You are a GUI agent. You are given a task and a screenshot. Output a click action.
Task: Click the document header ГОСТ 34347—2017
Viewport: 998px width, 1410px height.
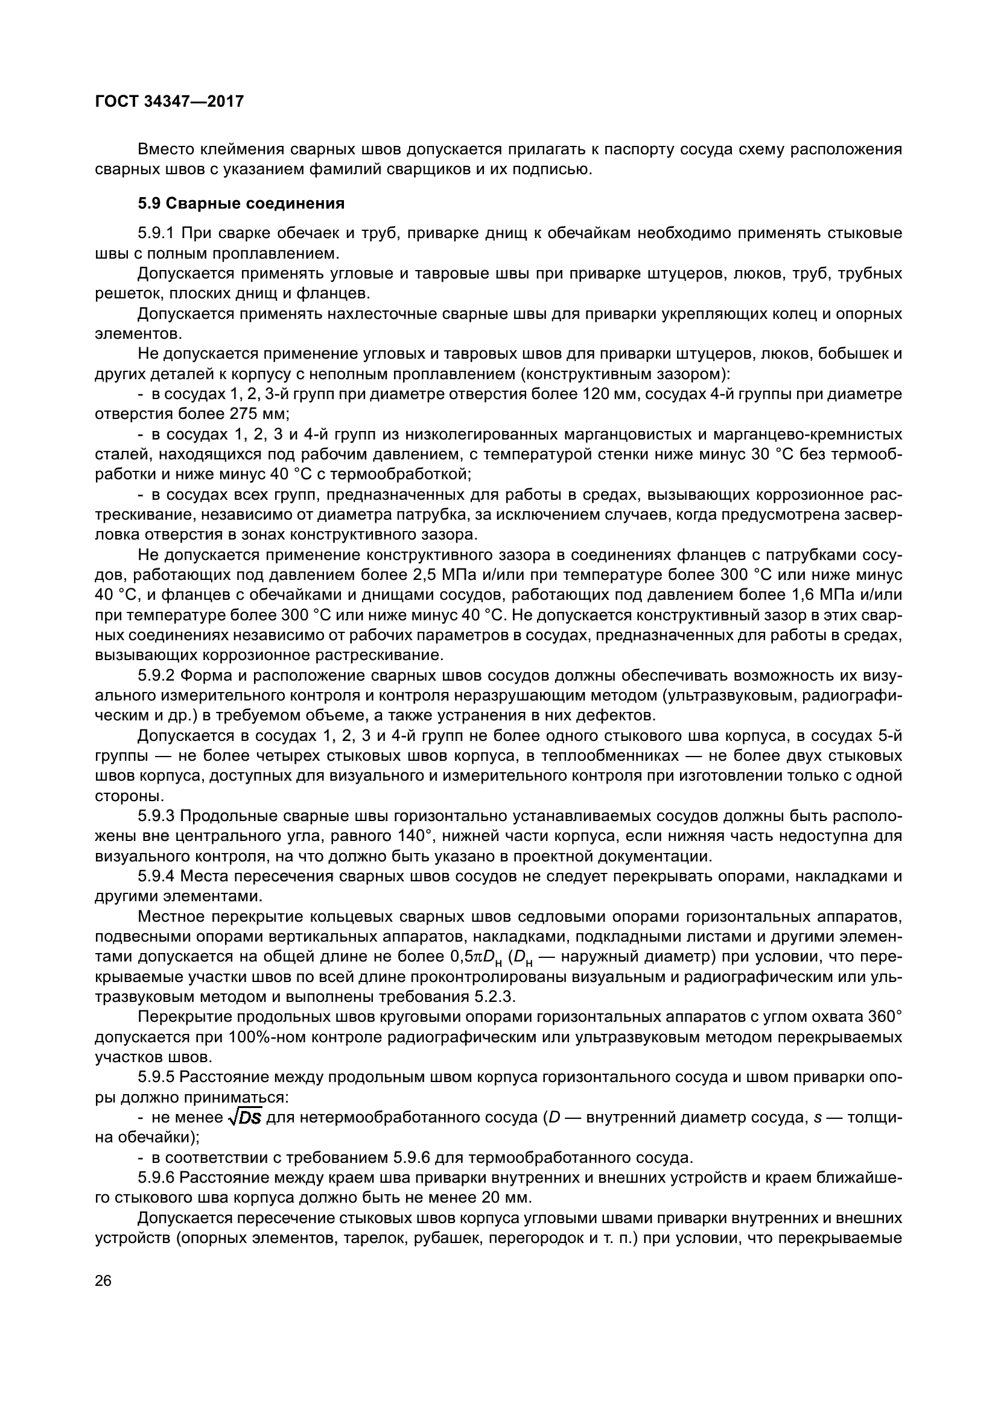pyautogui.click(x=170, y=101)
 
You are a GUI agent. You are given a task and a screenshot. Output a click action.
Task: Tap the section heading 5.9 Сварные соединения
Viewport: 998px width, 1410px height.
pyautogui.click(x=241, y=203)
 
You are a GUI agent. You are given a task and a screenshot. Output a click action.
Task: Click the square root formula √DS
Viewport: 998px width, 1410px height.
pyautogui.click(x=244, y=1118)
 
